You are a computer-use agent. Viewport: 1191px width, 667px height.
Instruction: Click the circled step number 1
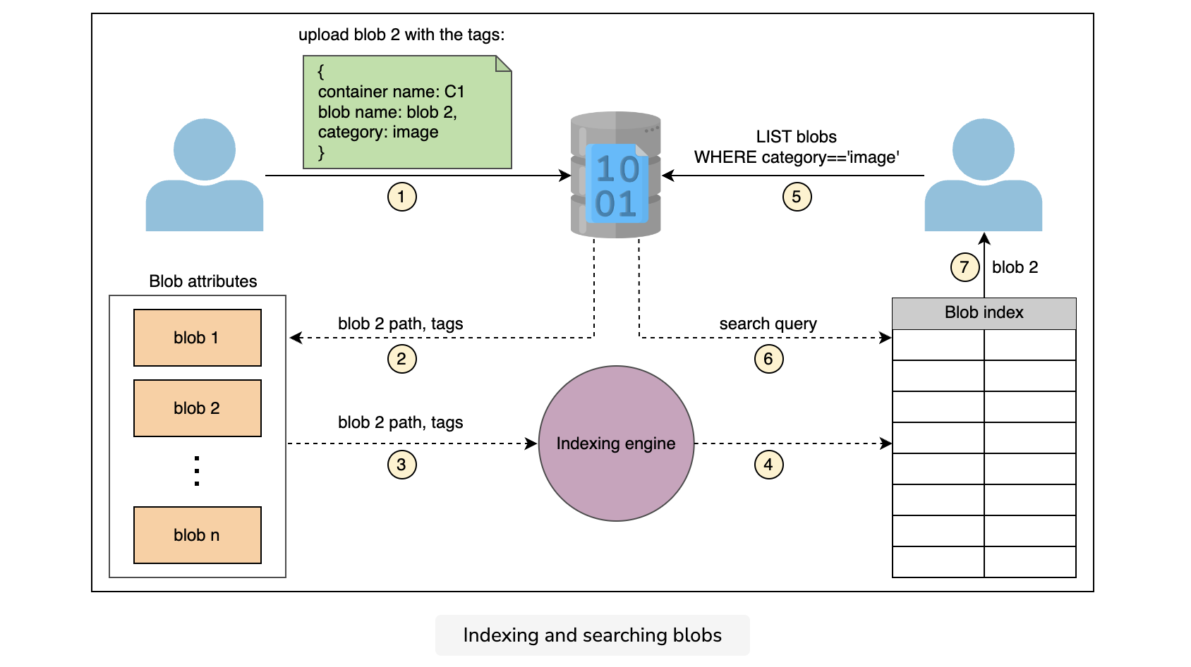pyautogui.click(x=401, y=197)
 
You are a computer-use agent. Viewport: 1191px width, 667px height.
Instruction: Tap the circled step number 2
pyautogui.click(x=401, y=359)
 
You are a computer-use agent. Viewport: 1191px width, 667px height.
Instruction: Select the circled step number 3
pyautogui.click(x=401, y=465)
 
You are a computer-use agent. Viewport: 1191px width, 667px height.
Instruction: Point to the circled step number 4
pyautogui.click(x=768, y=465)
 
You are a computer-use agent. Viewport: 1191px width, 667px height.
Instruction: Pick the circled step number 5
pyautogui.click(x=797, y=197)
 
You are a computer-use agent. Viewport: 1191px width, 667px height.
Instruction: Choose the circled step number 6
pyautogui.click(x=768, y=359)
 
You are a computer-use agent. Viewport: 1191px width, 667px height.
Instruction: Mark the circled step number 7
pyautogui.click(x=965, y=267)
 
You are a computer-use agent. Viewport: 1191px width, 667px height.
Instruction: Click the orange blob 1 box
pyautogui.click(x=198, y=338)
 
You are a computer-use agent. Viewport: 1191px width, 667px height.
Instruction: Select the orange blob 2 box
pyautogui.click(x=198, y=408)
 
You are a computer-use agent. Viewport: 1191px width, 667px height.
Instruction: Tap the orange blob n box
pyautogui.click(x=198, y=534)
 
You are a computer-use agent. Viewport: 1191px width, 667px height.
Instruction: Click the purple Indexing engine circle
pyautogui.click(x=616, y=443)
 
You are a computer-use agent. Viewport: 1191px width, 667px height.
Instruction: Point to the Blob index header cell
pyautogui.click(x=984, y=313)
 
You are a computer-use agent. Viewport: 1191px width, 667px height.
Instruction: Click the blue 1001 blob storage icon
pyautogui.click(x=616, y=175)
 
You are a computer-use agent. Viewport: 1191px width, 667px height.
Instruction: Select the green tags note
pyautogui.click(x=407, y=112)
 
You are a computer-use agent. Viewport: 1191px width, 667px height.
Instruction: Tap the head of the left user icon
pyautogui.click(x=204, y=149)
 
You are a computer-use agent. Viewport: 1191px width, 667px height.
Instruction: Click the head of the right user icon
pyautogui.click(x=983, y=149)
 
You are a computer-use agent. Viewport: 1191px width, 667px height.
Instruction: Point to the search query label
pyautogui.click(x=768, y=323)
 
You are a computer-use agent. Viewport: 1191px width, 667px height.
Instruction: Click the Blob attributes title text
pyautogui.click(x=202, y=281)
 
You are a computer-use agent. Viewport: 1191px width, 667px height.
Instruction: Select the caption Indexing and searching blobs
pyautogui.click(x=592, y=635)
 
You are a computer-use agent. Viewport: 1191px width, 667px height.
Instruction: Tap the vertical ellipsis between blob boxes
pyautogui.click(x=197, y=471)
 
